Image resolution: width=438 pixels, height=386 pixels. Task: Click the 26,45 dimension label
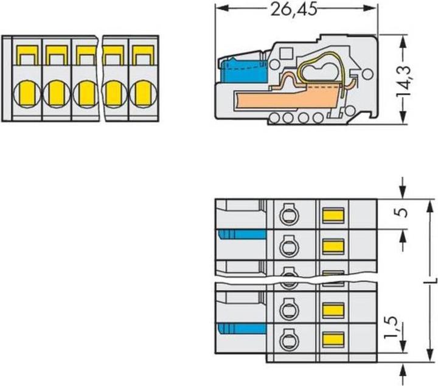[x=293, y=9]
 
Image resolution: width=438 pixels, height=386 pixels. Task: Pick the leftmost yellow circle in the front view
[x=26, y=95]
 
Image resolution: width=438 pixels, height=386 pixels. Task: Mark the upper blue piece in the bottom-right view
[x=242, y=235]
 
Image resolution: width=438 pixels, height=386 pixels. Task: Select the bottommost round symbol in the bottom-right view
[x=285, y=338]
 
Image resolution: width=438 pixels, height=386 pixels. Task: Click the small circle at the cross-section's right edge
[x=367, y=75]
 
